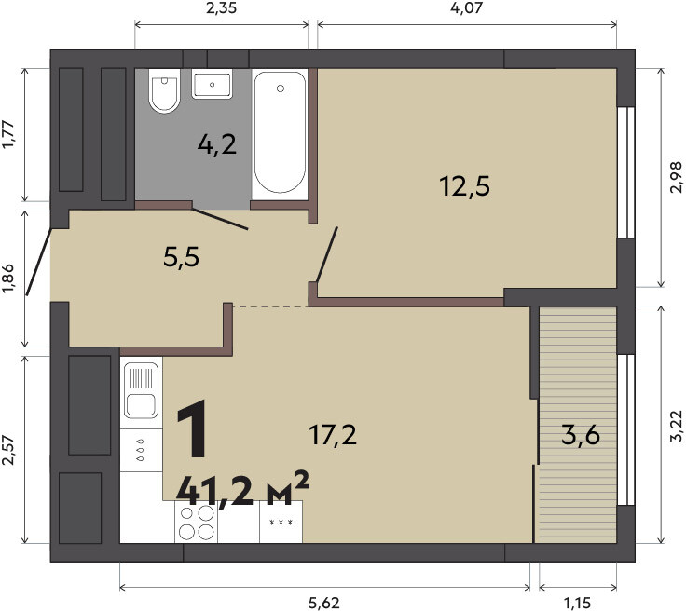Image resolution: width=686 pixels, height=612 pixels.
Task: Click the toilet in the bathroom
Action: [x=164, y=91]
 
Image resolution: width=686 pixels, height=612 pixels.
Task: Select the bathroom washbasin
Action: [x=213, y=84]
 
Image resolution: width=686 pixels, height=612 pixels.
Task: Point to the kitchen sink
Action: [x=141, y=390]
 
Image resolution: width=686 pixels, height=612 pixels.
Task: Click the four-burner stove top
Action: [x=196, y=522]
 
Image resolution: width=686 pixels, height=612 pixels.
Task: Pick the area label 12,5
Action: [x=464, y=185]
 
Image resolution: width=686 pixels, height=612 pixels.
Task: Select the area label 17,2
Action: [x=333, y=435]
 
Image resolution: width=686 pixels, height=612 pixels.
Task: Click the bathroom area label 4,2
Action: [x=217, y=144]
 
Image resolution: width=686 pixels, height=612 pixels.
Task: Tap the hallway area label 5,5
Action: [x=181, y=256]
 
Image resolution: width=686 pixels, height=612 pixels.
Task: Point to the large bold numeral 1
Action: [x=193, y=428]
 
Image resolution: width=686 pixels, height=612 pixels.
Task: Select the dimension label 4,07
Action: [x=466, y=7]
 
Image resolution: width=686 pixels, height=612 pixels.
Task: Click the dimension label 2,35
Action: [x=222, y=7]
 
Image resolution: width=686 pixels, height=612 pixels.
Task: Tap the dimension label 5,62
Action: [x=324, y=604]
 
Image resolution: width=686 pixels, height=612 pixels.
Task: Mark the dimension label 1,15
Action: [x=578, y=604]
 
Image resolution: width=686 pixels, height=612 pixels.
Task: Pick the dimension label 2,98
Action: [x=676, y=177]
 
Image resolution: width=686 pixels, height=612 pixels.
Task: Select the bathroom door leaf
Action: [x=220, y=219]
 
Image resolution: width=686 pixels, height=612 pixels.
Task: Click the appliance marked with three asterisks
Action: [x=281, y=522]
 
